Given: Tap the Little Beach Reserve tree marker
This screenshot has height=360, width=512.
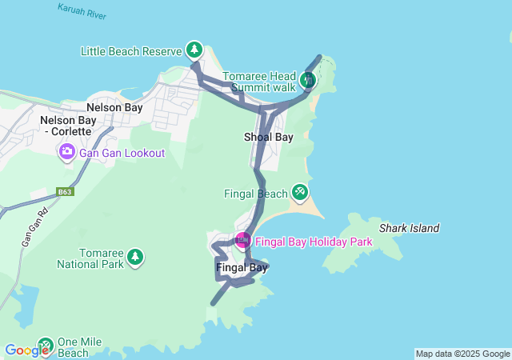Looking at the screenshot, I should click(x=194, y=50).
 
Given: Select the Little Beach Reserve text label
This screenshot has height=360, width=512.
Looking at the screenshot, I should click(x=132, y=51).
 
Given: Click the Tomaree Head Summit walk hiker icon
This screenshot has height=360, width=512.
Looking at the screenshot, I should click(x=309, y=79).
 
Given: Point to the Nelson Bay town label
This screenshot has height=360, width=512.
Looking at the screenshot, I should click(x=114, y=107).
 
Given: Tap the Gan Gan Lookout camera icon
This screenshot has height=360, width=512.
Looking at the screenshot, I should click(x=66, y=152).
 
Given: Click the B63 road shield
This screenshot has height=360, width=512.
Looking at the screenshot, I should click(x=65, y=192).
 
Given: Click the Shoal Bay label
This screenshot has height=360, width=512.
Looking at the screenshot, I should click(x=268, y=137).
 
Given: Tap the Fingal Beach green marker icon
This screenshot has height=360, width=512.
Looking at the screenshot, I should click(x=300, y=192).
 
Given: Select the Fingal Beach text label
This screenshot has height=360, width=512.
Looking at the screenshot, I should click(x=255, y=194).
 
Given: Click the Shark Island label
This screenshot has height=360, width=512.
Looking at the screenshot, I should click(x=409, y=228).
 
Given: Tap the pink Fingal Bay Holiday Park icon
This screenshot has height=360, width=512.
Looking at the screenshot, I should click(x=242, y=240).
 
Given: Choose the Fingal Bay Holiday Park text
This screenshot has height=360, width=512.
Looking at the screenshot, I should click(x=314, y=242).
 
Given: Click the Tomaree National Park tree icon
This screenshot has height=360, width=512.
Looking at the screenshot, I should click(x=135, y=257).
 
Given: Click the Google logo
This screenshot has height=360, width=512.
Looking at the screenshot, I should click(x=26, y=350).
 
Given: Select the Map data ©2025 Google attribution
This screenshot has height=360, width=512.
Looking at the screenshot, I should click(x=462, y=354).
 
